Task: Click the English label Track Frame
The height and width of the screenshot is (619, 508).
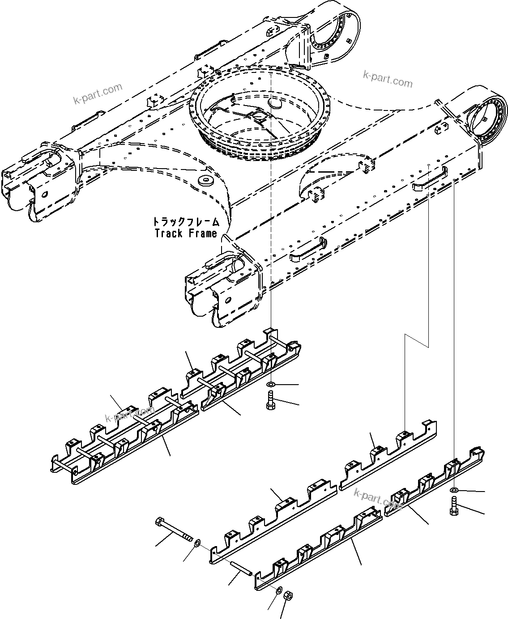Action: click(186, 233)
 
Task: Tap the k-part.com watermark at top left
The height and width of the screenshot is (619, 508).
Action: click(98, 93)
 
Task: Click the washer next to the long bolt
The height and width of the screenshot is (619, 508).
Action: click(196, 543)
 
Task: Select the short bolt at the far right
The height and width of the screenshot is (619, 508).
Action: click(453, 508)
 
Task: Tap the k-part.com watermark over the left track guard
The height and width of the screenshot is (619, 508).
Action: click(130, 414)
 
